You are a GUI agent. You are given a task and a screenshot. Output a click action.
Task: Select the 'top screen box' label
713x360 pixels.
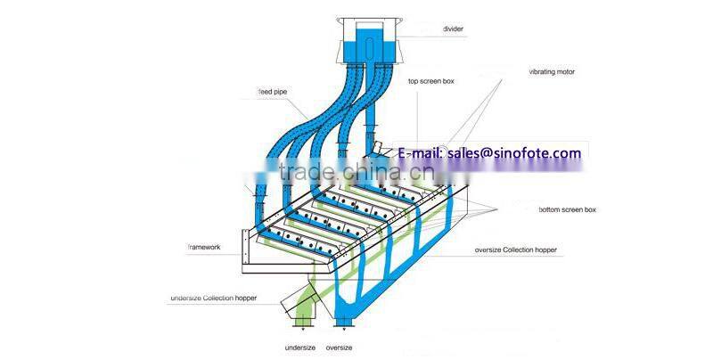[x=430, y=81]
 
